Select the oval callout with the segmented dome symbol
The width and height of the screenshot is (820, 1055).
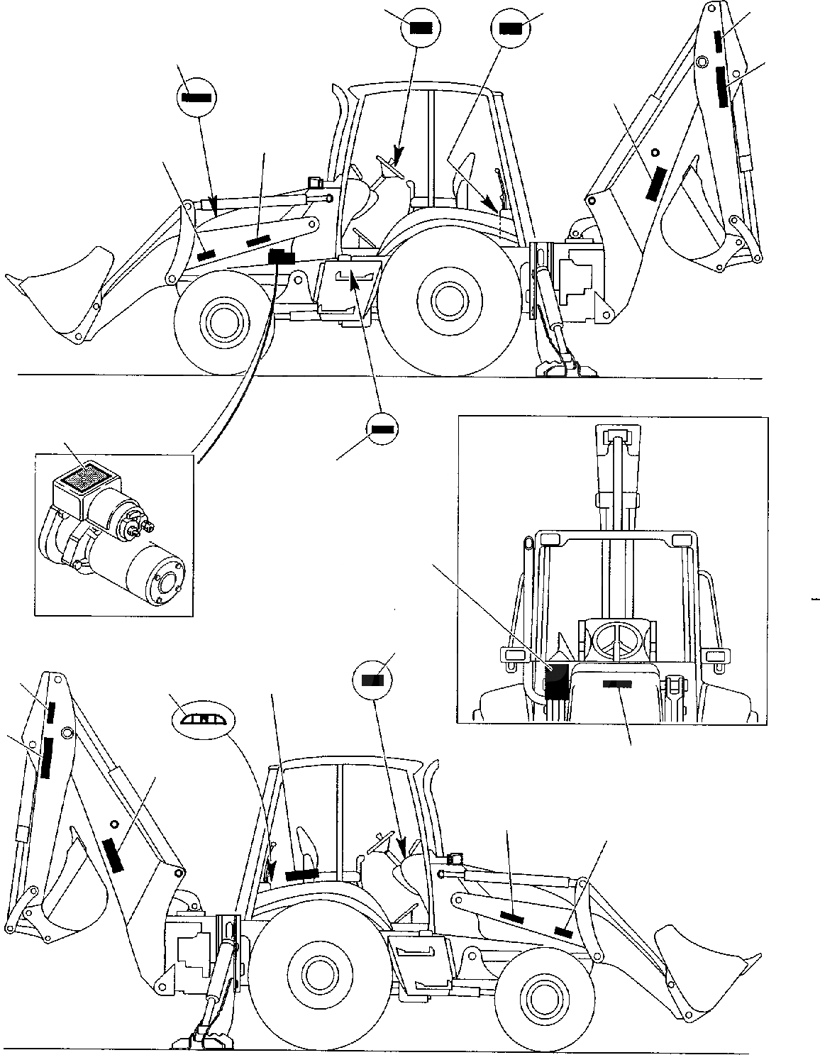coord(203,719)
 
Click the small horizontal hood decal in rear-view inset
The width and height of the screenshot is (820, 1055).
coord(616,684)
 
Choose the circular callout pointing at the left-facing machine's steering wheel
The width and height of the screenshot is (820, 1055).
coord(421,28)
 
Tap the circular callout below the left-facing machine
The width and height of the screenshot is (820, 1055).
coord(382,429)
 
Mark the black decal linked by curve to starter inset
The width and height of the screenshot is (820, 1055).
coord(282,258)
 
